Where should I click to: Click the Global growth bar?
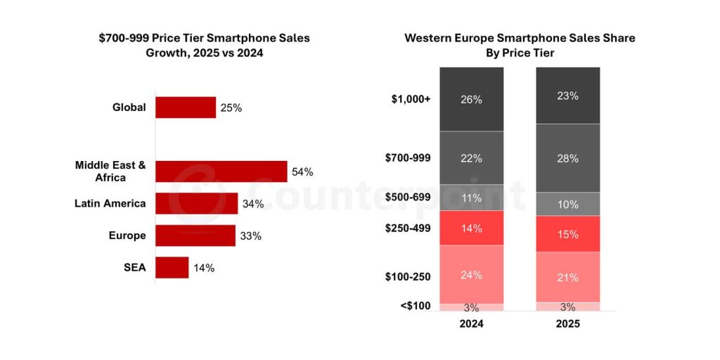point(186,108)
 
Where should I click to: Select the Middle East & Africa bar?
point(221,172)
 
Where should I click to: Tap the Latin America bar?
point(196,204)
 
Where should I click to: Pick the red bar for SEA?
point(172,267)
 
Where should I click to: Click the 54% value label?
point(303,172)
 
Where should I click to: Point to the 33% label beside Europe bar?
point(250,236)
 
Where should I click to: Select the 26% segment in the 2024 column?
point(471,99)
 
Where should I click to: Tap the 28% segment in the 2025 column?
point(567,158)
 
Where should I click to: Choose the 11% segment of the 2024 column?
point(471,198)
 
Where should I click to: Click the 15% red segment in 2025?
point(567,233)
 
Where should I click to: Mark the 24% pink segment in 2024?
point(471,274)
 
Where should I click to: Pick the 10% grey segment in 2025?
point(567,204)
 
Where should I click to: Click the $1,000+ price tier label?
point(411,99)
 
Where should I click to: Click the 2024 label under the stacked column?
point(471,324)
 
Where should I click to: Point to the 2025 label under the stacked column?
point(567,324)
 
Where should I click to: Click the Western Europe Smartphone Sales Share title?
point(520,45)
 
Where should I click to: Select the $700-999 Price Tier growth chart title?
point(204,45)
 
